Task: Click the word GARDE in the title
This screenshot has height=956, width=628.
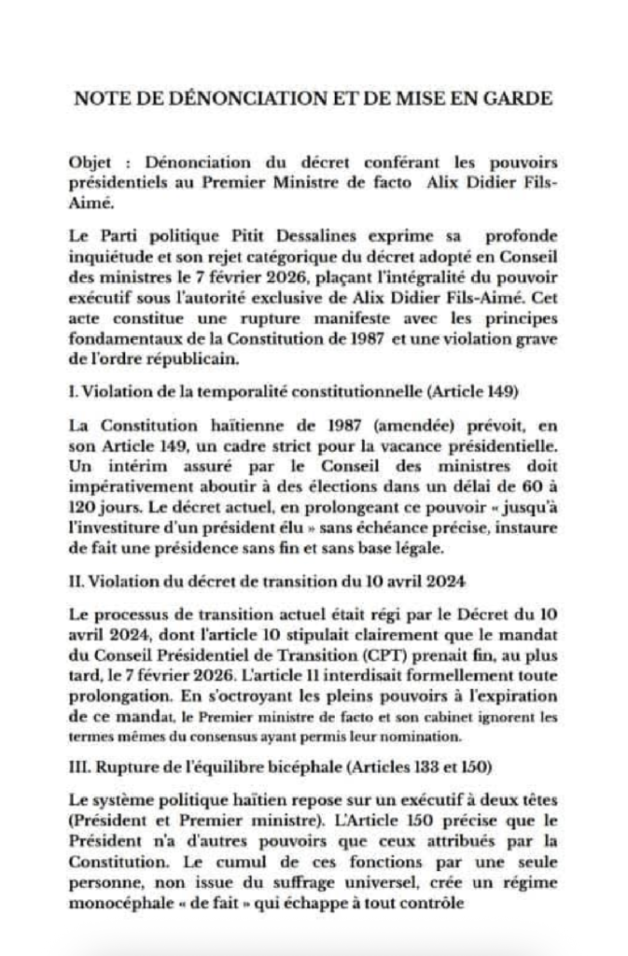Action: coord(519,99)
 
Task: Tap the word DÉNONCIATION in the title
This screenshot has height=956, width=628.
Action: coord(221,99)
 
